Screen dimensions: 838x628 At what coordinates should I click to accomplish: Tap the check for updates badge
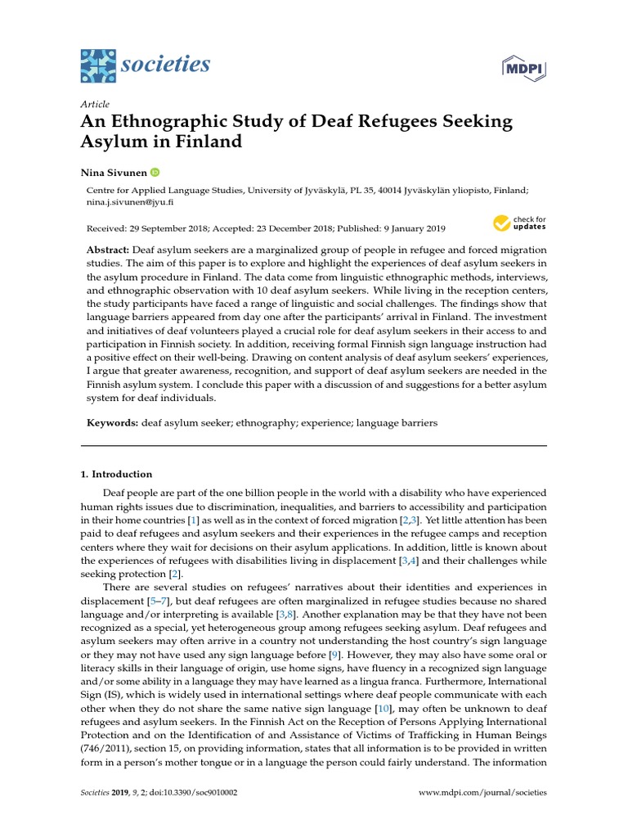[x=518, y=223]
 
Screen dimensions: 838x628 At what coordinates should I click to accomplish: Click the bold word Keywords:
[x=112, y=423]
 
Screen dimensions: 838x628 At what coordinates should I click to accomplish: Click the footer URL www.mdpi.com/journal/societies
[x=482, y=793]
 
